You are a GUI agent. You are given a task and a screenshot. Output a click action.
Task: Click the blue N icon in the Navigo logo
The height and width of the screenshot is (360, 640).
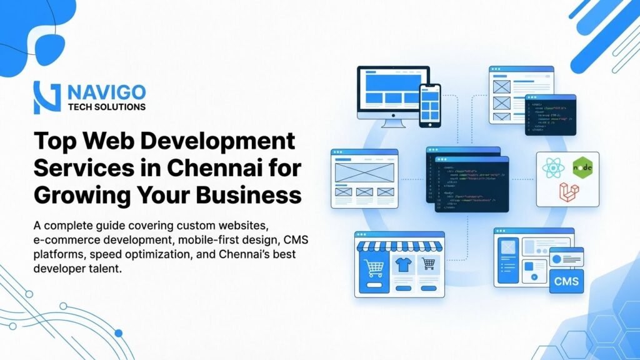point(47,97)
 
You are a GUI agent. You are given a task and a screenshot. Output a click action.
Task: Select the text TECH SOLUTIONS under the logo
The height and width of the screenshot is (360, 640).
point(106,107)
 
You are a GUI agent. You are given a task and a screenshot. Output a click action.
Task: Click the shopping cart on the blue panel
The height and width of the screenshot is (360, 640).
point(373,268)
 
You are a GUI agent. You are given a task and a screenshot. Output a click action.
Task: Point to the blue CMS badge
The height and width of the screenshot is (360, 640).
point(566,281)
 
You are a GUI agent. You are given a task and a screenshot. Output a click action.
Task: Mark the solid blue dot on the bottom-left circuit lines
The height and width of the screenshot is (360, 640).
point(118,333)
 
